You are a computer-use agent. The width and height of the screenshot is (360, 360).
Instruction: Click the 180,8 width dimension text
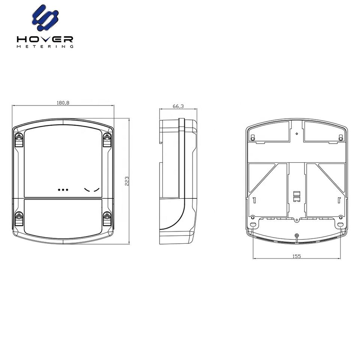[x=63, y=103]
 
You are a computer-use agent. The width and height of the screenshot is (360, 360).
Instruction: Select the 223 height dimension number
[x=127, y=181]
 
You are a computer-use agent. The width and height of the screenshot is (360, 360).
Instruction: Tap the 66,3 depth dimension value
[x=178, y=106]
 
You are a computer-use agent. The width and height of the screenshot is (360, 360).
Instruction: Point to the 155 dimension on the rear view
[x=297, y=256]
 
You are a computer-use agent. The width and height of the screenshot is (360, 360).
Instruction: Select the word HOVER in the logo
[x=45, y=39]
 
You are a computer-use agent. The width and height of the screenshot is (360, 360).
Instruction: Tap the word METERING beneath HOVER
[x=45, y=46]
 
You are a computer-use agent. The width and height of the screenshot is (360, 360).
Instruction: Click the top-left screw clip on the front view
[x=18, y=140]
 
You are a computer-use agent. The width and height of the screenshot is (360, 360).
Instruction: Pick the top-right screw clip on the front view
[x=107, y=140]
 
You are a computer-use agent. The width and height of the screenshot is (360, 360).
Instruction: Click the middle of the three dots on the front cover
[x=63, y=190]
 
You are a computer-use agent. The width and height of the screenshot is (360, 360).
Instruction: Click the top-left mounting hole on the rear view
[x=253, y=138]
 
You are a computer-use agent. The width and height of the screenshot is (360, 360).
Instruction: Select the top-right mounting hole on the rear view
[x=340, y=138]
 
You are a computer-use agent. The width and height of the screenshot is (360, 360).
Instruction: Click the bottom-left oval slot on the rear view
[x=253, y=224]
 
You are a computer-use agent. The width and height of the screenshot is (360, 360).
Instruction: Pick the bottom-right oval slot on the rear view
[x=340, y=224]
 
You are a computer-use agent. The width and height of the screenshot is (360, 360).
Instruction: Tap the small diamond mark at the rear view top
[x=297, y=133]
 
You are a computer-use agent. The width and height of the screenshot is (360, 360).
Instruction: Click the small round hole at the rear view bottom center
[x=297, y=235]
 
